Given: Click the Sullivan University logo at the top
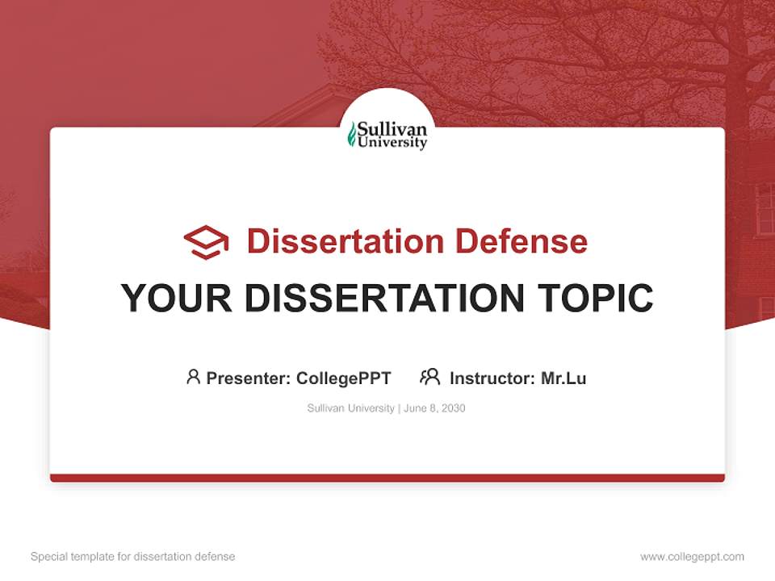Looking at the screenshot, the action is pos(387,136).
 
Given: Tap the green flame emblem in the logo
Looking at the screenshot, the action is pos(352,135).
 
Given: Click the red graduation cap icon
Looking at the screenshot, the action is pos(206,242).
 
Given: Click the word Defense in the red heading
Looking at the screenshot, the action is pos(522,241).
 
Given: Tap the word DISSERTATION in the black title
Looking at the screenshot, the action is pos(384,298).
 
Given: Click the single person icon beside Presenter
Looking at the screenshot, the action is pos(193,377).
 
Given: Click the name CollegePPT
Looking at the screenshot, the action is pos(344,378).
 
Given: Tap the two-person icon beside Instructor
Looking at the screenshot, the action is pos(430,377).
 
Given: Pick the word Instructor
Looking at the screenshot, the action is pos(492,378).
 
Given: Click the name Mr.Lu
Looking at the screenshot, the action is pos(563,378).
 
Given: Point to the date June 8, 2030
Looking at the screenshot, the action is pos(434,408).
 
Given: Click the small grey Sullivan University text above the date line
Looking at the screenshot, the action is pos(351,408).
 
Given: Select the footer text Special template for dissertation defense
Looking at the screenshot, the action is pos(133,557).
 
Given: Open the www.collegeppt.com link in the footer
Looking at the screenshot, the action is pos(693,557).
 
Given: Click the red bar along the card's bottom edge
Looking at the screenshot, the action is pos(387,478).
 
